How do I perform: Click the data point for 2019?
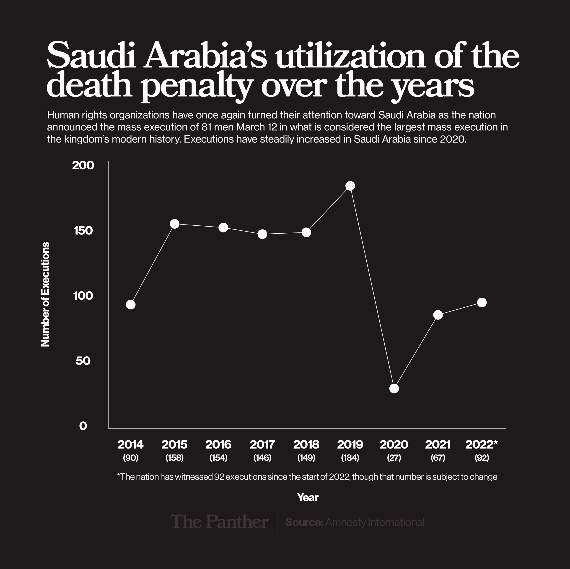[x=350, y=186]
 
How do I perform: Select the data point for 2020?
[x=394, y=388]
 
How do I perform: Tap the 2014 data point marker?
[x=131, y=305]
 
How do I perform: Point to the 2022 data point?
[x=482, y=302]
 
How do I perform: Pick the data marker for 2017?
[x=262, y=234]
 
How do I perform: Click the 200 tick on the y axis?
[x=83, y=166]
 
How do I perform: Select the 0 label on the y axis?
[x=83, y=426]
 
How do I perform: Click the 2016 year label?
[x=218, y=444]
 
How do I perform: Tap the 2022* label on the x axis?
[x=482, y=444]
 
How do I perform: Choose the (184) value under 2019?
[x=350, y=458]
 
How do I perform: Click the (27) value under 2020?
[x=394, y=458]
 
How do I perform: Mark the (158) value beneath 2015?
[x=175, y=458]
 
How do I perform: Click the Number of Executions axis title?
[x=45, y=294]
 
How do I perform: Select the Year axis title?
[x=308, y=498]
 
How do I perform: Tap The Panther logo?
[x=219, y=522]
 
